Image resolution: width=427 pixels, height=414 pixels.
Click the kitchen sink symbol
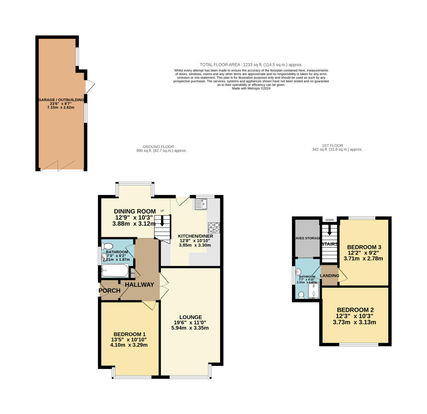[x=201, y=204]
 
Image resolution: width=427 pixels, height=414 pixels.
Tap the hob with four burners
[x=214, y=228]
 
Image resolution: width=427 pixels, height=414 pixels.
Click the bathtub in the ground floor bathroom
[x=115, y=272]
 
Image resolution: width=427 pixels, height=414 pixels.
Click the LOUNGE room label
[x=191, y=317]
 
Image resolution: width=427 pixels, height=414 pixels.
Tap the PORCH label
[x=109, y=291]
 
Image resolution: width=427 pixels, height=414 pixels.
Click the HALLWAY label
[x=139, y=285]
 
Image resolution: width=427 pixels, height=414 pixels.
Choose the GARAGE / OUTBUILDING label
[x=61, y=100]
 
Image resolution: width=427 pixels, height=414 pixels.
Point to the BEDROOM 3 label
[x=364, y=246]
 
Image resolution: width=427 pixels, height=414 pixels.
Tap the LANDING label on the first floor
[x=330, y=276]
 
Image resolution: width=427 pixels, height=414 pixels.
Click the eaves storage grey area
[x=306, y=240]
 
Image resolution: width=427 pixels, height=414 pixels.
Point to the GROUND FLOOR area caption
[x=158, y=147]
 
